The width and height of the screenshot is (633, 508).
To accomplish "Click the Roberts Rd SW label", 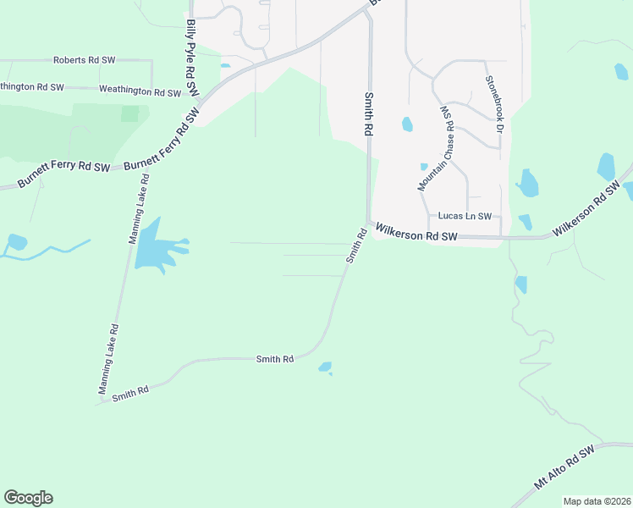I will (84, 61).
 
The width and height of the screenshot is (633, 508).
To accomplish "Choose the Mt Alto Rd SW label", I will (565, 468).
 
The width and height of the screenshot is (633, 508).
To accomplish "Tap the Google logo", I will (28, 498).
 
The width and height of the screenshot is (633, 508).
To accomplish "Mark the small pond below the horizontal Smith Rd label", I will (325, 367).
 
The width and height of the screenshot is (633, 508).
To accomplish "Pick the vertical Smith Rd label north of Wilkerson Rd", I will (369, 116).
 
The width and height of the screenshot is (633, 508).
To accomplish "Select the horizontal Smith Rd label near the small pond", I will (275, 360).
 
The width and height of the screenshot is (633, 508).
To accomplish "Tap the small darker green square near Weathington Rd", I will (129, 113).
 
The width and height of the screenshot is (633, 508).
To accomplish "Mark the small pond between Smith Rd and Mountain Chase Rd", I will (407, 124).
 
